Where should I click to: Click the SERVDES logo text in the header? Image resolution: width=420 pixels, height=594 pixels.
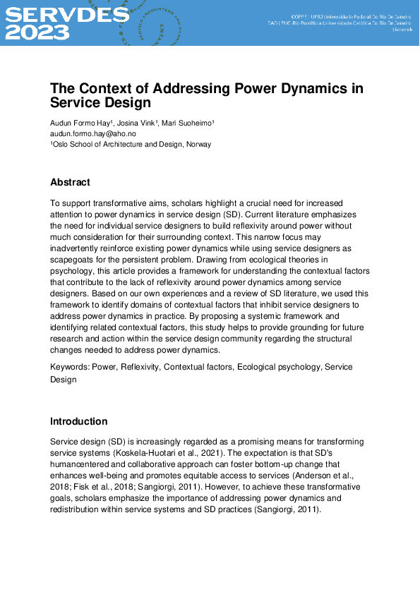click(67, 14)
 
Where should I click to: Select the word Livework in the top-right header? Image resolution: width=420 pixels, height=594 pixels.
click(402, 30)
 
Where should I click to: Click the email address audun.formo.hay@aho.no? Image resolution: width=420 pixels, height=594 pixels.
click(92, 134)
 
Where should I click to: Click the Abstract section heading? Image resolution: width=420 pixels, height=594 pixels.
click(70, 182)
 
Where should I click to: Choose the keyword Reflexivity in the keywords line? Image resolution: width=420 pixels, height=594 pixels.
click(141, 368)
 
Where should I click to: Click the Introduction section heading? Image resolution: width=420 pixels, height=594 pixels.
click(78, 421)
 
